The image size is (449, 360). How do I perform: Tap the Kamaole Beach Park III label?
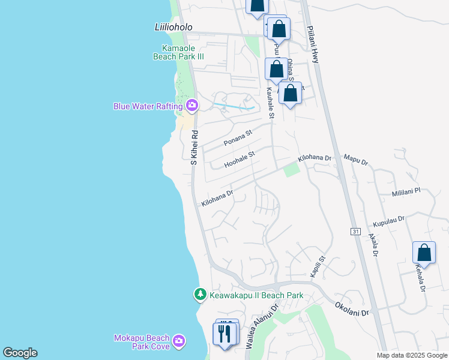pos(183,52)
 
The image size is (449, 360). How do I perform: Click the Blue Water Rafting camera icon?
pos(192,106)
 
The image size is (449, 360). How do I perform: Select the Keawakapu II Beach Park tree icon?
pos(200,295)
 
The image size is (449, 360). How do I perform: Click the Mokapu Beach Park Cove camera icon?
pos(178,341)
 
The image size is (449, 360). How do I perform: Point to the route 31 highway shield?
pos(355,231)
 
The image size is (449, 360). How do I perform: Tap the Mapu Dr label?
pos(355,160)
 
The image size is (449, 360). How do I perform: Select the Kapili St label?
pos(317,266)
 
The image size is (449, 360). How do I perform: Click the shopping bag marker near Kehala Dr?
pos(424,253)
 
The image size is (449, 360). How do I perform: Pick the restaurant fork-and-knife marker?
pos(226,334)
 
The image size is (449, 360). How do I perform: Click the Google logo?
pos(20,353)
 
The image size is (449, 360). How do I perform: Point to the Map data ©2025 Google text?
pos(412,355)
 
